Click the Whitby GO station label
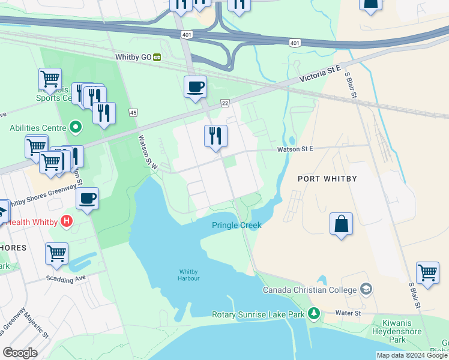(x=134, y=57)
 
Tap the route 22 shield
(x=224, y=103)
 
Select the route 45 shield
(x=133, y=112)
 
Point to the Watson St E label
(x=295, y=149)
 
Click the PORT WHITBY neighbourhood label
(x=328, y=179)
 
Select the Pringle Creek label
(x=237, y=225)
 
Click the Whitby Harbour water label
(x=188, y=274)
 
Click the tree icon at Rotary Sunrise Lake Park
(x=313, y=313)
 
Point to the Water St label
(x=348, y=313)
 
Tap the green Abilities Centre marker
(x=75, y=127)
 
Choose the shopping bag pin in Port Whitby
(x=341, y=224)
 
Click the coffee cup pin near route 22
(x=195, y=86)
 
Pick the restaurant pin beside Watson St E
(x=215, y=136)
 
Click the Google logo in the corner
(x=20, y=353)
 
